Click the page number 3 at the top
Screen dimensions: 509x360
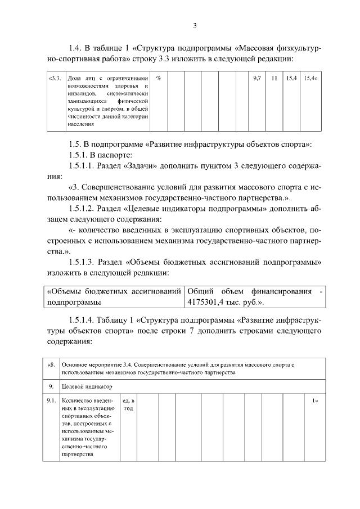pos(194,25)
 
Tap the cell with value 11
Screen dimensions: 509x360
pos(274,78)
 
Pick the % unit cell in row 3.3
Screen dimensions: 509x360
pos(159,78)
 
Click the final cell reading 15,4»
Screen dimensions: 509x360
pos(310,78)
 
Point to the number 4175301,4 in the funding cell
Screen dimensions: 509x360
pos(206,302)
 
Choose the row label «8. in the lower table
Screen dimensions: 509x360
pos(51,365)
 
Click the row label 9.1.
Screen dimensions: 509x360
pos(51,400)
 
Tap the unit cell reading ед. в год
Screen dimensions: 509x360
pos(129,404)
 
